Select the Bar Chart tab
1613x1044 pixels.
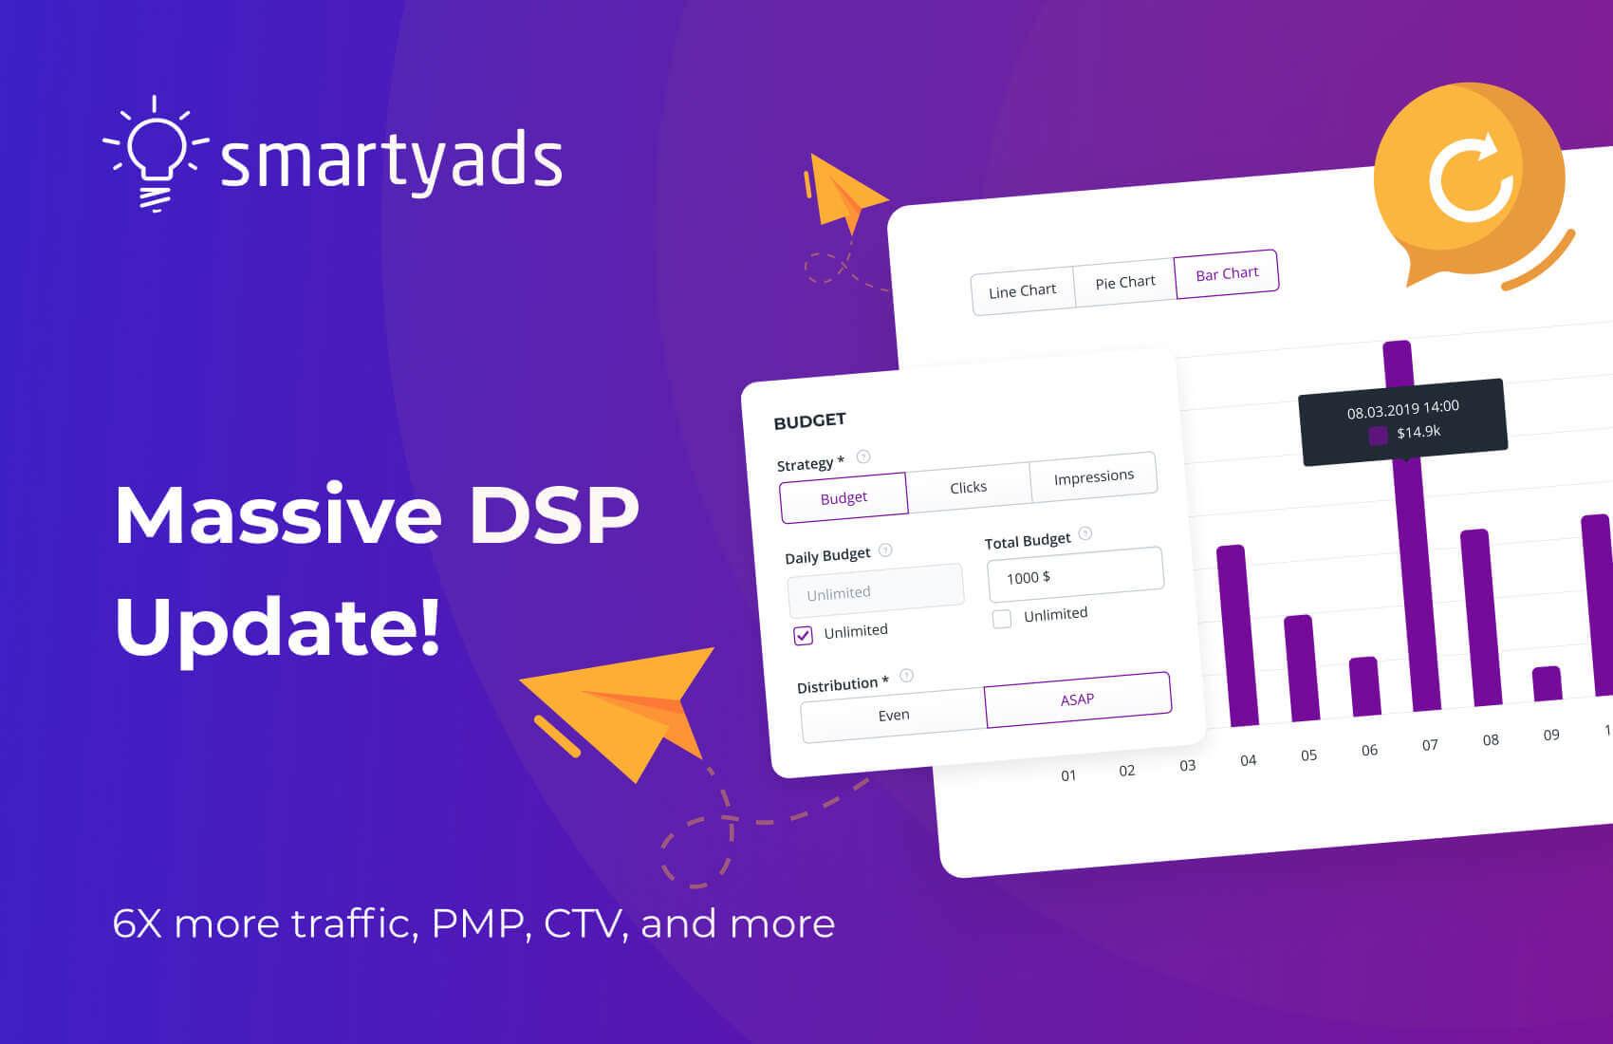pyautogui.click(x=1226, y=274)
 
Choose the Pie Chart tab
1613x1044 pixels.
pyautogui.click(x=1124, y=283)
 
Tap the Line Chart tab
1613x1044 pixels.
pyautogui.click(x=1022, y=291)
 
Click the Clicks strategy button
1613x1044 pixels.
pyautogui.click(x=968, y=487)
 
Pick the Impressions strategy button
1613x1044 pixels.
pyautogui.click(x=1093, y=476)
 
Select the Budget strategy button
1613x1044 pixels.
pyautogui.click(x=844, y=498)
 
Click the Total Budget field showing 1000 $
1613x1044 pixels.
pyautogui.click(x=1075, y=574)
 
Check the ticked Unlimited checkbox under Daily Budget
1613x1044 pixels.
pyautogui.click(x=804, y=636)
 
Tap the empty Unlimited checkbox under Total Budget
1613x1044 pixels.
pyautogui.click(x=1002, y=620)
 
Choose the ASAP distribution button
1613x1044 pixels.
pyautogui.click(x=1077, y=699)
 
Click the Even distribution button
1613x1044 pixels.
pyautogui.click(x=893, y=716)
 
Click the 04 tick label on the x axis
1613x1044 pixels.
pyautogui.click(x=1248, y=760)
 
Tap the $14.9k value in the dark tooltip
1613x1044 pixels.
pyautogui.click(x=1418, y=432)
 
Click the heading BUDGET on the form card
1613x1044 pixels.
pyautogui.click(x=809, y=420)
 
